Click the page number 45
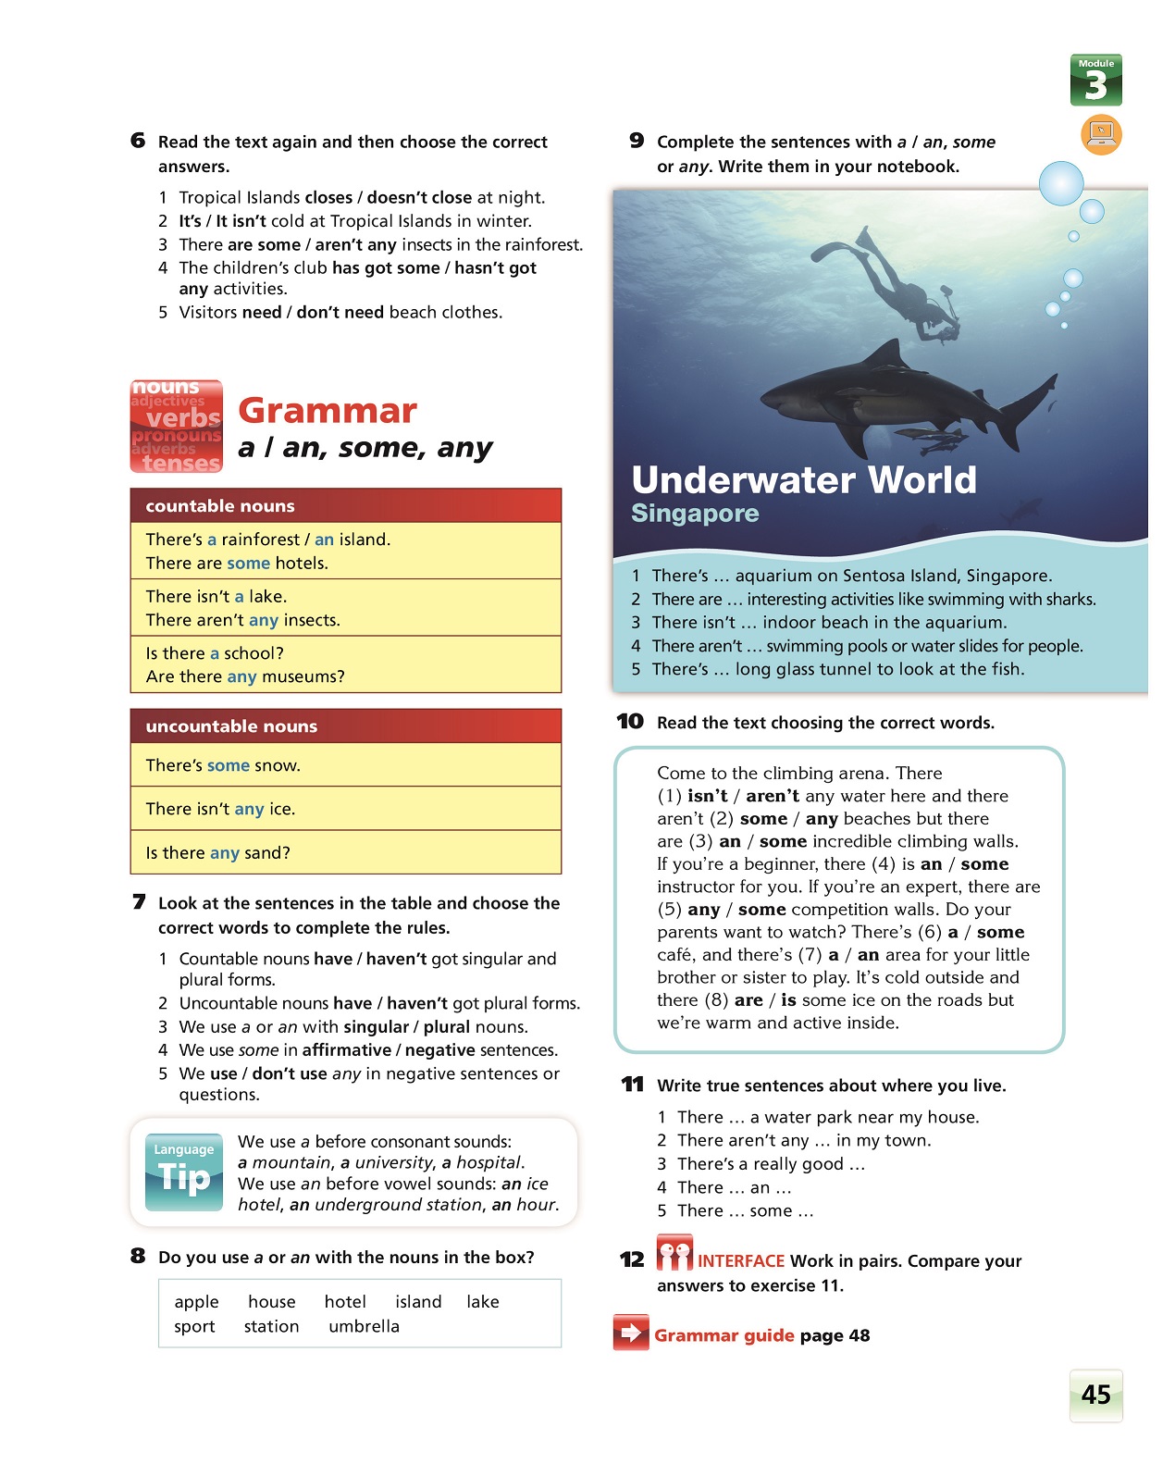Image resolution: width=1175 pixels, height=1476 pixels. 1095,1395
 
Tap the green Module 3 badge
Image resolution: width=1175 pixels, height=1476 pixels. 1095,81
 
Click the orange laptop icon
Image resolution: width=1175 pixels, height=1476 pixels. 1101,134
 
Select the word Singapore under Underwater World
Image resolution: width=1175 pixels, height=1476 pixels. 695,514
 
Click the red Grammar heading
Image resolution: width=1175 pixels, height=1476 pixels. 328,410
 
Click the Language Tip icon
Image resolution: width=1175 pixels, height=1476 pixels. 184,1172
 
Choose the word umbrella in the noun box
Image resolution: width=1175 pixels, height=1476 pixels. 364,1326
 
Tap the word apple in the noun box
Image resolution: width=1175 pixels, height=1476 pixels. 196,1302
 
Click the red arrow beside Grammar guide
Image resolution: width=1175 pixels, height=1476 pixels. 631,1333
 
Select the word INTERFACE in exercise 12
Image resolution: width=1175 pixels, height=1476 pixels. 740,1261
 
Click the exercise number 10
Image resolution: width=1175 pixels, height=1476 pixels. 630,721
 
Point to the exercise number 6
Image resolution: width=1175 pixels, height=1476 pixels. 138,140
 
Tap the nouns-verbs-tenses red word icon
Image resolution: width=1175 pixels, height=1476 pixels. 177,427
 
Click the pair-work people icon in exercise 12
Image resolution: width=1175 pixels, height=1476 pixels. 674,1253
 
